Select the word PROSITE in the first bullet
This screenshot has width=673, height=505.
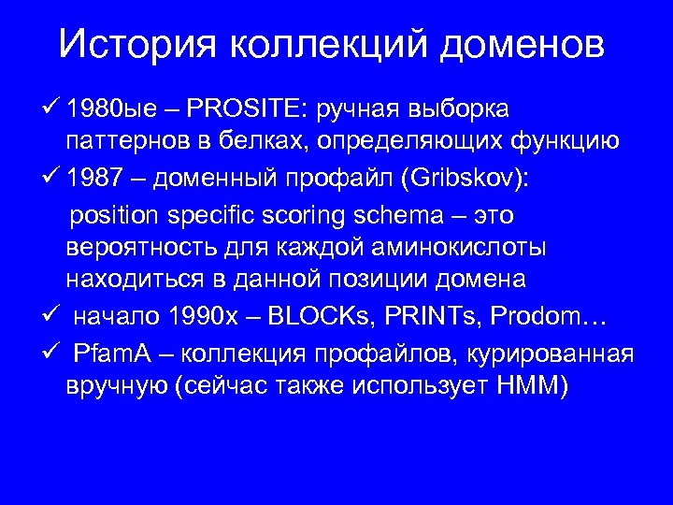[242, 110]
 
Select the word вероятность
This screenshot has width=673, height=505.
[138, 249]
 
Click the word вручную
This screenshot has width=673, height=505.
[117, 386]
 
